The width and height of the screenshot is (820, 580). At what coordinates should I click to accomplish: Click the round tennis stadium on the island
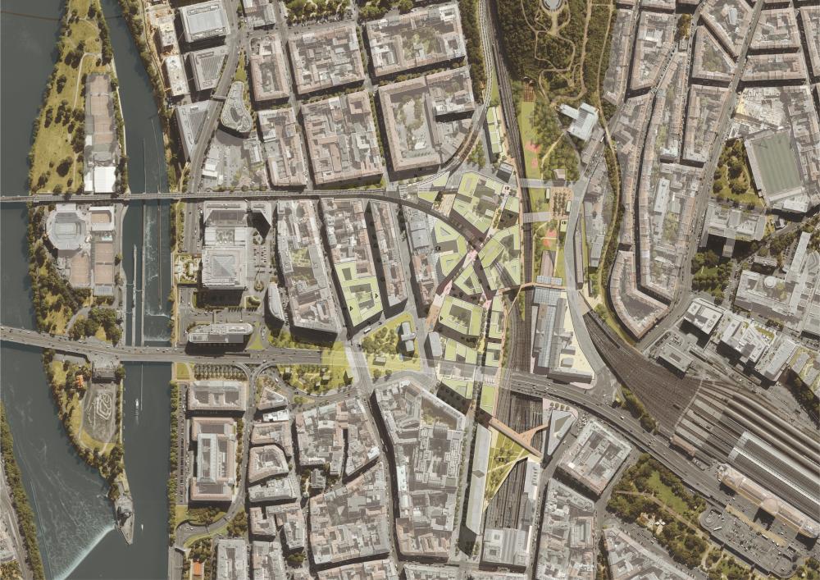tap(67, 228)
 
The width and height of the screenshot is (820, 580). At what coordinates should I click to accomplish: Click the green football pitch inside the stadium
tap(775, 164)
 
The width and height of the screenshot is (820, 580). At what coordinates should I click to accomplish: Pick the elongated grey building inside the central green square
tap(408, 337)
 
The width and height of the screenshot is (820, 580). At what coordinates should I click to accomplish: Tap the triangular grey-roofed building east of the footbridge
tap(558, 428)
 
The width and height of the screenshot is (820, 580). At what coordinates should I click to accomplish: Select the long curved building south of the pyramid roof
tap(220, 331)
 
